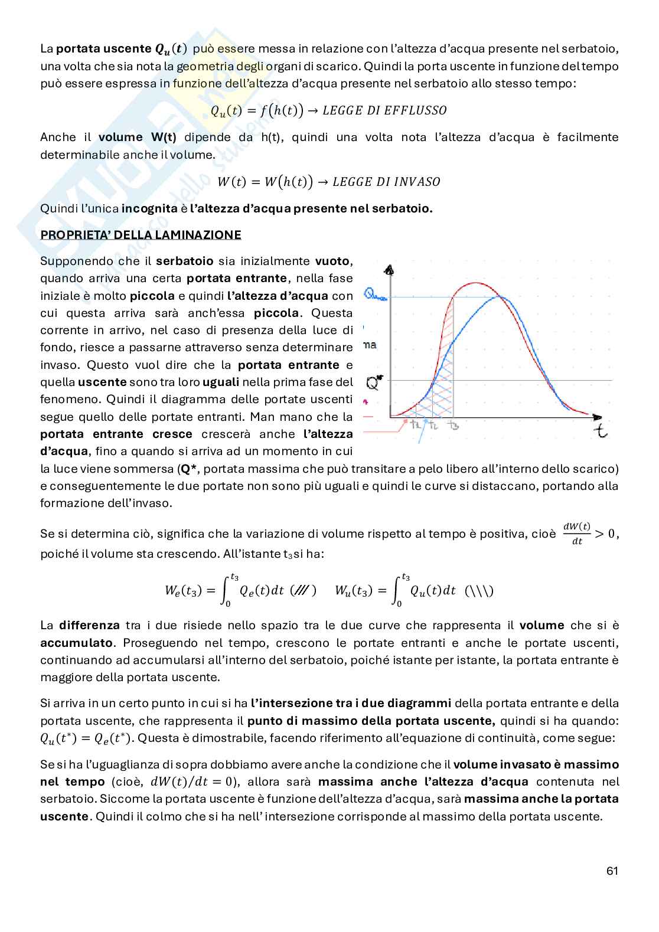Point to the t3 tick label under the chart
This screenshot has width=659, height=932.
(x=453, y=425)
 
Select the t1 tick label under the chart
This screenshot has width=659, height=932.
(x=416, y=424)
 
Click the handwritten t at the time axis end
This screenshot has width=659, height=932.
(x=601, y=430)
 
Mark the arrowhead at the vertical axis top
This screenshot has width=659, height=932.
(x=389, y=270)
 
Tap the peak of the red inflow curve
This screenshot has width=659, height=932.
(x=475, y=283)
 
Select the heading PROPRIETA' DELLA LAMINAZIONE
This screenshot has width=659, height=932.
(x=141, y=235)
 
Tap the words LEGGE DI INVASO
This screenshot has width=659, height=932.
(x=386, y=182)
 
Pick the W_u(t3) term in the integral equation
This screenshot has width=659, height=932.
(x=353, y=590)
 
